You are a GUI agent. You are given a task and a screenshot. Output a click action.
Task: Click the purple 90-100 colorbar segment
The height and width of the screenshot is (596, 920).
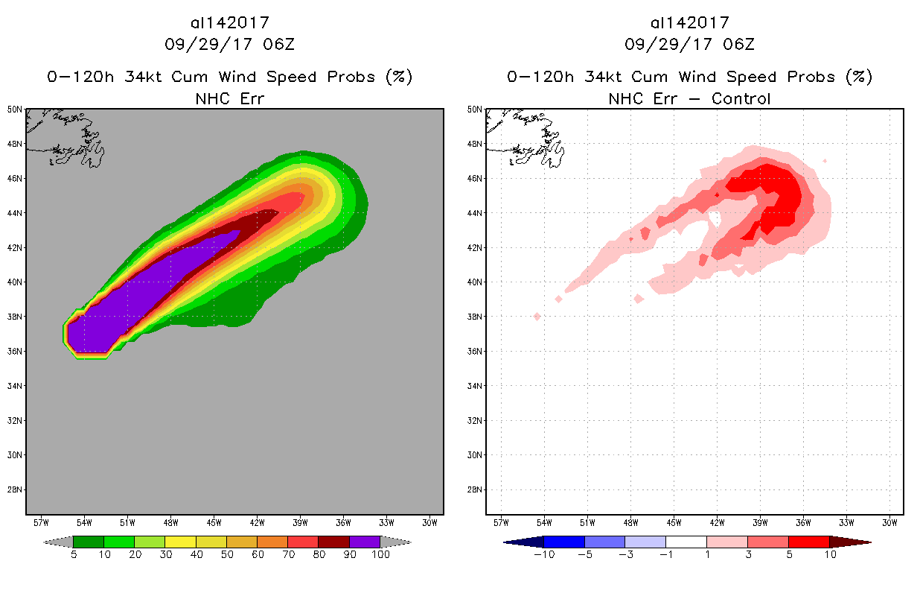coord(365,542)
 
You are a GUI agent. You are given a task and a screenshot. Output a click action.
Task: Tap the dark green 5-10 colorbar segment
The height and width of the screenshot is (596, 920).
coord(89,542)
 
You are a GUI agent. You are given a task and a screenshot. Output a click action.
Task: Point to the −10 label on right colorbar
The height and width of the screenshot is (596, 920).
coord(543,554)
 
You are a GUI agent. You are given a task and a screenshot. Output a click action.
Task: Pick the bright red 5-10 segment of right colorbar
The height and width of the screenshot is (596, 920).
coord(808,542)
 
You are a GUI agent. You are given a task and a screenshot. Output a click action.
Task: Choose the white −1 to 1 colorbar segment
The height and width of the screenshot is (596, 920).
coord(686,542)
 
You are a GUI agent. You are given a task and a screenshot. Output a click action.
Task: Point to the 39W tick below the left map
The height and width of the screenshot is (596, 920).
coord(301,521)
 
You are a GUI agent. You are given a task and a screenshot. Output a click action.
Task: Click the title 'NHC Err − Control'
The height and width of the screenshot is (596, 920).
coord(689,98)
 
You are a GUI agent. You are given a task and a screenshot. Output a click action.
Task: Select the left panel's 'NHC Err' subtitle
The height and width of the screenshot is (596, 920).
coord(229,98)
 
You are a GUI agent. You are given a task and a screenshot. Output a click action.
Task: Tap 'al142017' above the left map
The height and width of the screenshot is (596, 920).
coord(229,23)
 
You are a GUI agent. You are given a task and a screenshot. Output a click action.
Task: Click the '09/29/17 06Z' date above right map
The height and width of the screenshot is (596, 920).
coord(689,44)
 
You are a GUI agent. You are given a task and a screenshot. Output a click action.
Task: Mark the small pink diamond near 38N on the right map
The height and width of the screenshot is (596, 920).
coord(537,317)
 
